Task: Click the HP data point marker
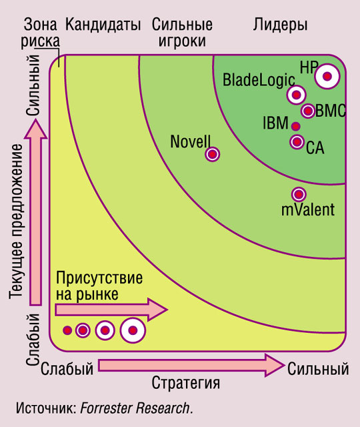(327, 76)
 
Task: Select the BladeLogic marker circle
(296, 95)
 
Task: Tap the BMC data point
(308, 111)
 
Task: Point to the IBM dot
(296, 126)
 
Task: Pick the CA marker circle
(297, 141)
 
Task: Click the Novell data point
(213, 154)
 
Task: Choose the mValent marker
(299, 194)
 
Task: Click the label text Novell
(191, 141)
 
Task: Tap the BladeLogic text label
(259, 80)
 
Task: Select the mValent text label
(308, 210)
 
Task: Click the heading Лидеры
(280, 25)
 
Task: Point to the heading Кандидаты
(103, 25)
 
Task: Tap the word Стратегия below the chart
(185, 383)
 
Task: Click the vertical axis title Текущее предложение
(15, 221)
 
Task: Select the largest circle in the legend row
(133, 330)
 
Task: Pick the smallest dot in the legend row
(67, 330)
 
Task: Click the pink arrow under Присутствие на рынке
(111, 310)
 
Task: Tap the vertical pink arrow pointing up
(35, 213)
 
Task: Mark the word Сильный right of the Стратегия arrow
(318, 369)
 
